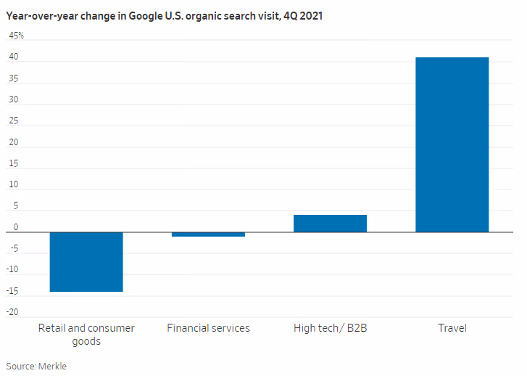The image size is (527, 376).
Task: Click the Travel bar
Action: (x=452, y=144)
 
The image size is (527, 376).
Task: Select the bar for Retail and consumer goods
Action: (x=86, y=261)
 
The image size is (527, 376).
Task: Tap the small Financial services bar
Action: (x=208, y=234)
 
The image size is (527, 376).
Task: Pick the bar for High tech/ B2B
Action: (x=330, y=224)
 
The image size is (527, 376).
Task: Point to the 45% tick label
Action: (x=16, y=36)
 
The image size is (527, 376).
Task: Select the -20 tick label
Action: (x=13, y=313)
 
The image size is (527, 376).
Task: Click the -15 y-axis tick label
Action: (x=13, y=292)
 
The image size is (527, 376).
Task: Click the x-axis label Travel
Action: (x=452, y=328)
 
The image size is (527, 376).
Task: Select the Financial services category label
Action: (x=208, y=328)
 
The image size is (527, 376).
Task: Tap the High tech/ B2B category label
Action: (x=330, y=328)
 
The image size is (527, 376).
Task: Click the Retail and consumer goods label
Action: (x=86, y=335)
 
